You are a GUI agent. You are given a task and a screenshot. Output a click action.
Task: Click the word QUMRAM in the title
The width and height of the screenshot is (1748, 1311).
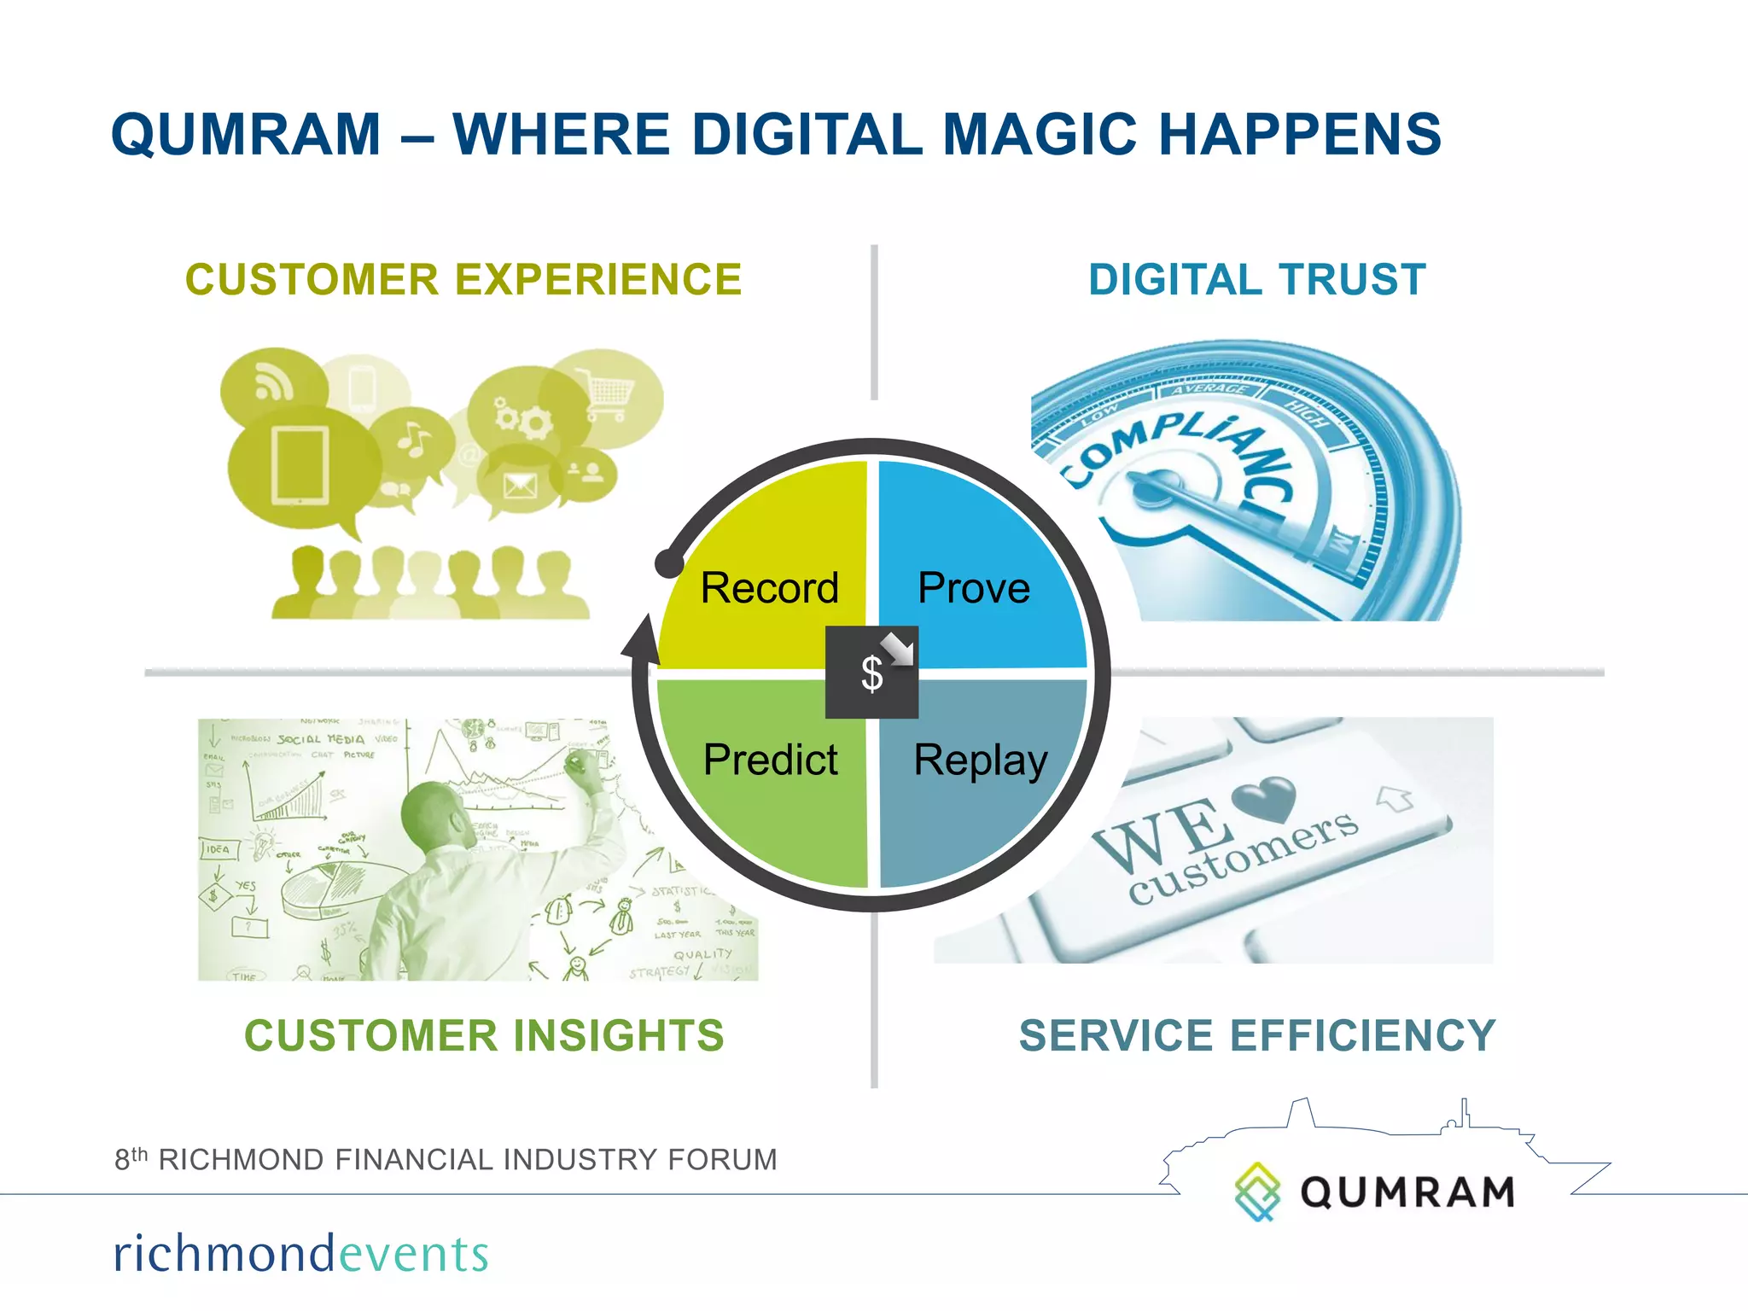[x=246, y=135]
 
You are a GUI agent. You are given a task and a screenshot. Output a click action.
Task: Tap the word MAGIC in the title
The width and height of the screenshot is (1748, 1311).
[x=1040, y=135]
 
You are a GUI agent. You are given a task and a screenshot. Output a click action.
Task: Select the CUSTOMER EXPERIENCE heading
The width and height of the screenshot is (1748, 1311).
[x=463, y=280]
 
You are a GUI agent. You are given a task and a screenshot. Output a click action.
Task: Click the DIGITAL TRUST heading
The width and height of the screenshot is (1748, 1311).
[x=1257, y=280]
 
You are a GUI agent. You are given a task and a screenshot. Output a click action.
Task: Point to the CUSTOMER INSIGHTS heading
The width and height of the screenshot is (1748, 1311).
[x=484, y=1035]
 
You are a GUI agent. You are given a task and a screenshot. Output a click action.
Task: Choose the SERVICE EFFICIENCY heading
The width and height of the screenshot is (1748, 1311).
[x=1257, y=1035]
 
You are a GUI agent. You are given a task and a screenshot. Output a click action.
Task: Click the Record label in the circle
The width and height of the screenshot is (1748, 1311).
[x=769, y=588]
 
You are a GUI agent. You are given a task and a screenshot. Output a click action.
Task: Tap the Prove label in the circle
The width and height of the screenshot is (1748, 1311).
[x=974, y=588]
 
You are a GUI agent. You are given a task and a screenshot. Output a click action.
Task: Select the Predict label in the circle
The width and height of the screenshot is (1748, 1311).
[x=770, y=760]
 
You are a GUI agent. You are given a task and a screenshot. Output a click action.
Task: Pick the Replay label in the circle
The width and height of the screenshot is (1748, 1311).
[x=981, y=760]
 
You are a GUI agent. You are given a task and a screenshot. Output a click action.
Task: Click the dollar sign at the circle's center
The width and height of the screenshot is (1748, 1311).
[x=871, y=674]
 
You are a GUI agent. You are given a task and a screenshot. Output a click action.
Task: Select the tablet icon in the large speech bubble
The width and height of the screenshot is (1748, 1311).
[x=300, y=466]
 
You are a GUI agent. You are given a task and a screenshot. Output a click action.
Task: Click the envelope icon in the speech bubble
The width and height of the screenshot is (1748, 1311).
[x=519, y=487]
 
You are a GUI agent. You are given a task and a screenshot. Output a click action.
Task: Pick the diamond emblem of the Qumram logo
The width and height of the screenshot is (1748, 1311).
[x=1257, y=1191]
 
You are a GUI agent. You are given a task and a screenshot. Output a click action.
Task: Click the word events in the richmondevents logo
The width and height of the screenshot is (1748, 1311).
[x=414, y=1254]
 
